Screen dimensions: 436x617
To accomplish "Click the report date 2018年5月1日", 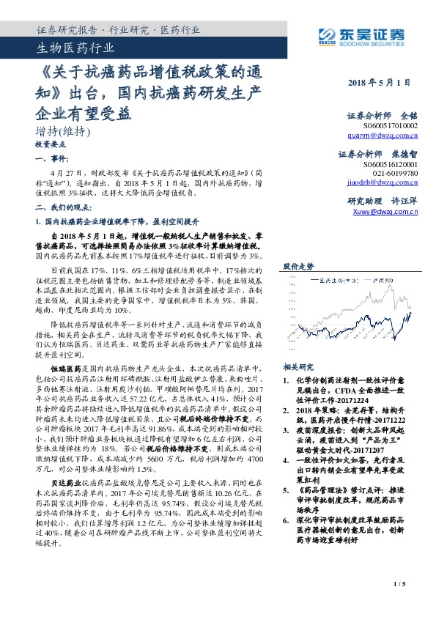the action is (379, 83).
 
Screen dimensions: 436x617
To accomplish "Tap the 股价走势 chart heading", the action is (298, 267).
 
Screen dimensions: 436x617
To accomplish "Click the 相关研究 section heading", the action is (298, 367).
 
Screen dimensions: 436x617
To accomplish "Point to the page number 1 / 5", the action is (399, 604).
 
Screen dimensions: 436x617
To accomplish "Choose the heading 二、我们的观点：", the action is (63, 207).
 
